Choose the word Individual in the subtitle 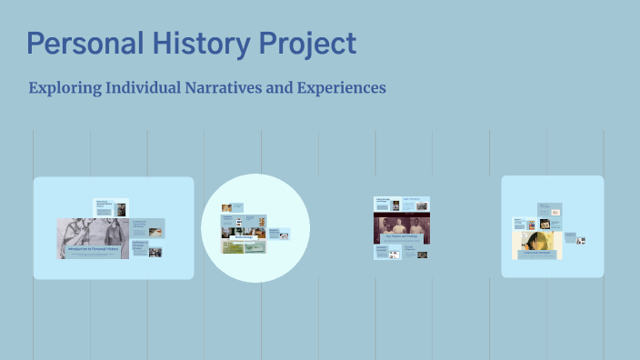pos(145,88)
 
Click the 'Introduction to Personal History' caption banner pos(93,248)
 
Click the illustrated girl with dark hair pos(537,241)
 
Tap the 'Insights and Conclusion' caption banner pos(537,255)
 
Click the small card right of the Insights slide pos(575,238)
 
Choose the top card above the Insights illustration pos(550,210)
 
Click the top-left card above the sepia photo pos(382,203)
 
